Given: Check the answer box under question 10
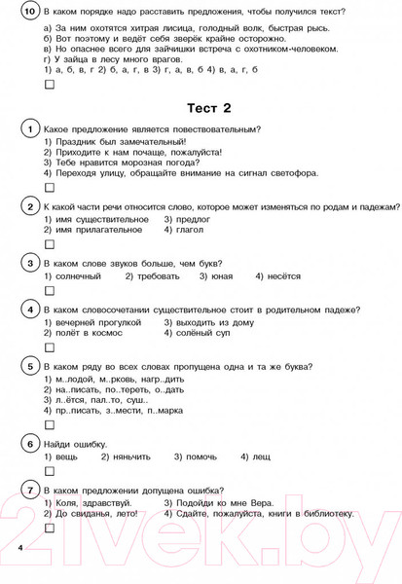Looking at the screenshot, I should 50,85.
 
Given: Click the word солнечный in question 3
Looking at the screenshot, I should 77,275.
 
